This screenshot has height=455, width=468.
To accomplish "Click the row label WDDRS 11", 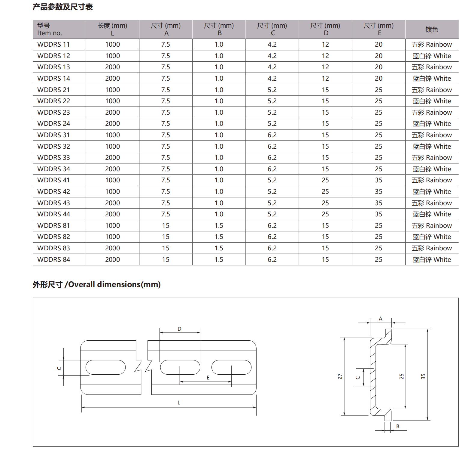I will point(53,45).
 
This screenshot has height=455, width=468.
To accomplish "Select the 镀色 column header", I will point(432,29).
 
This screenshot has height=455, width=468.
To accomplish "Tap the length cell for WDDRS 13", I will point(112,67).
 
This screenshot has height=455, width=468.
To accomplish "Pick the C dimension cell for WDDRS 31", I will point(272,135).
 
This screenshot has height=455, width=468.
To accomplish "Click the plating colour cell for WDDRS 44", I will point(432,214).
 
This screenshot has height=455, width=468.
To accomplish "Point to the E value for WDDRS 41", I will point(378,180).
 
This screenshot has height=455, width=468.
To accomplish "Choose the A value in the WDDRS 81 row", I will point(166,226).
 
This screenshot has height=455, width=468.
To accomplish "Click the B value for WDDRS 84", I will point(219,260).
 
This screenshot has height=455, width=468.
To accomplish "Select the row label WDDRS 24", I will point(53,124).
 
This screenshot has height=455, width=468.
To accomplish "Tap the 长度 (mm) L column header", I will point(112,29).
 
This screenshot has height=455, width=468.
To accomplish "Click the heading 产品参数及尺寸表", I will point(62,7).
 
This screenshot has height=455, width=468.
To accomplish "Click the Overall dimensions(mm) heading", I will point(97,284).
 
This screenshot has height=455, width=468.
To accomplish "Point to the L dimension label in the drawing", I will point(179,403).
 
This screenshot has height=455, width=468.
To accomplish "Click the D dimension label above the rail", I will point(179,329).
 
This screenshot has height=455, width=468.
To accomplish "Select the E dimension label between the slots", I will point(208,378).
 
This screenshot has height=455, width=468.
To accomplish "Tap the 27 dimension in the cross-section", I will point(340,376).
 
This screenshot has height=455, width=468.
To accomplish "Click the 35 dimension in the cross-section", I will point(423,376).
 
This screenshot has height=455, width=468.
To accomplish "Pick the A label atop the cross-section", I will point(381,319).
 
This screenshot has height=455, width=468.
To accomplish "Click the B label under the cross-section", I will point(398,426).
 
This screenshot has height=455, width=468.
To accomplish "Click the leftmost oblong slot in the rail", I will point(105,367).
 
